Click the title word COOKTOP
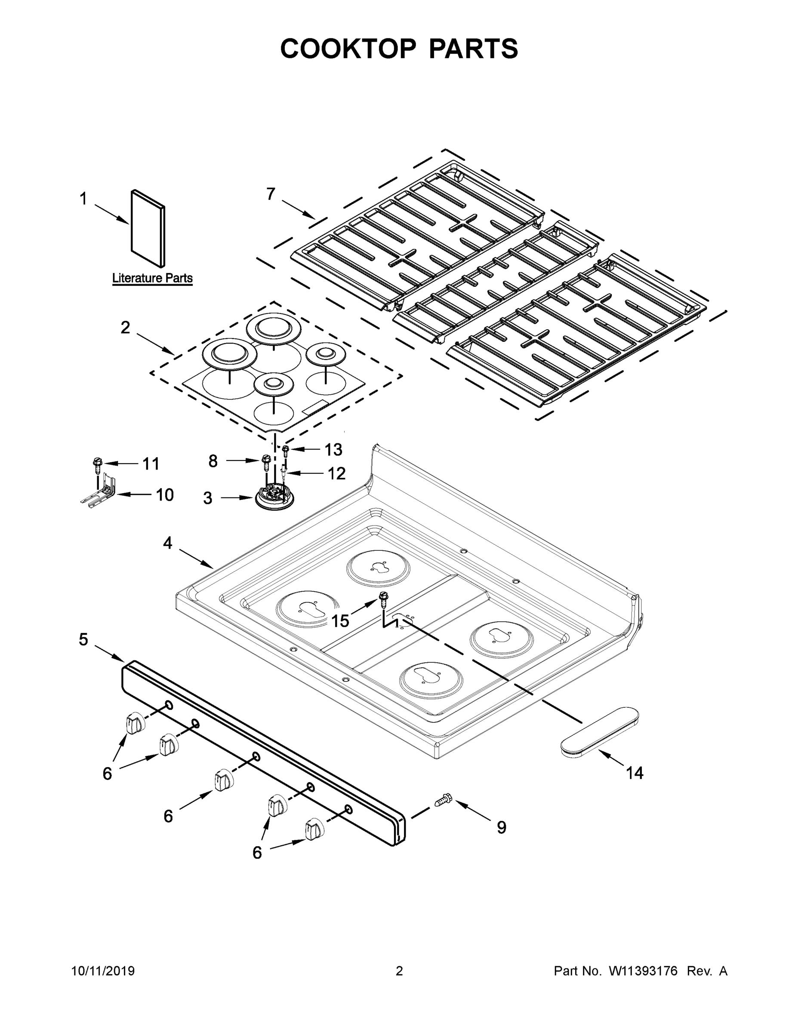point(348,49)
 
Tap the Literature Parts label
point(152,278)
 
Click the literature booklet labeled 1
point(148,228)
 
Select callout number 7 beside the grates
point(271,194)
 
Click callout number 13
point(333,449)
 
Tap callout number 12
point(336,473)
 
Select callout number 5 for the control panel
point(83,640)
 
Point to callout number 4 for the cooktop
point(167,544)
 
